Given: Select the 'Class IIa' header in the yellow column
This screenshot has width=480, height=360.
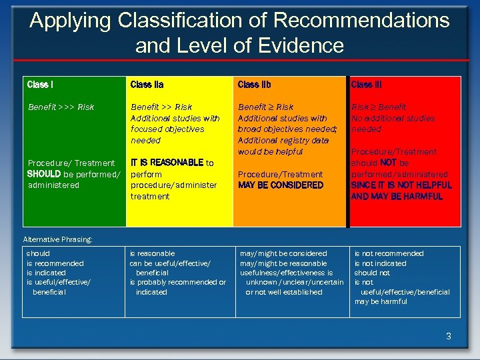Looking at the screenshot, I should click(x=147, y=85).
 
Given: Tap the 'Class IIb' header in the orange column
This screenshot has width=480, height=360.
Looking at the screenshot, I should click(x=254, y=85).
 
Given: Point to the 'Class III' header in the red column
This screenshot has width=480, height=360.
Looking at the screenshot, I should click(x=366, y=85).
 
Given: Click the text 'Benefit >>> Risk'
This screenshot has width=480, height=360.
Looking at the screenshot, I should click(x=61, y=107).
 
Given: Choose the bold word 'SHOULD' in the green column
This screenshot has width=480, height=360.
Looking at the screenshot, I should click(x=44, y=174).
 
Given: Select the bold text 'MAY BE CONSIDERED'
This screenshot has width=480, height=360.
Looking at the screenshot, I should click(x=281, y=185).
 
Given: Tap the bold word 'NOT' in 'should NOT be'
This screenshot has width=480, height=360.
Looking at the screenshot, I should click(x=390, y=163).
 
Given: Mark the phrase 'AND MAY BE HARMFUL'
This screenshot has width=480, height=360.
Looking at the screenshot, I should click(x=397, y=197).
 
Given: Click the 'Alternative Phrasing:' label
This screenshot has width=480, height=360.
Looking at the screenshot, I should click(x=57, y=239).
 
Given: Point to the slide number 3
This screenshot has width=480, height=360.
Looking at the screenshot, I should click(x=449, y=337).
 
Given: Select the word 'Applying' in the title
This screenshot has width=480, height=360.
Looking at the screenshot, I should click(x=71, y=20).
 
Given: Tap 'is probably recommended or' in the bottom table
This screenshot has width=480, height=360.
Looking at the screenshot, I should click(x=177, y=283).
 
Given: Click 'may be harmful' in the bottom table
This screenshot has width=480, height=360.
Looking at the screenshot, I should click(x=381, y=301).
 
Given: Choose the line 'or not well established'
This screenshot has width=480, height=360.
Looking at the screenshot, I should click(x=284, y=292).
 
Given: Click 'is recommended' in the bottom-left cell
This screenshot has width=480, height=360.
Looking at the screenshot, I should click(x=55, y=263).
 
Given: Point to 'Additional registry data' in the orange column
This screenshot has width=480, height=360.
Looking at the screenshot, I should click(x=283, y=141).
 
